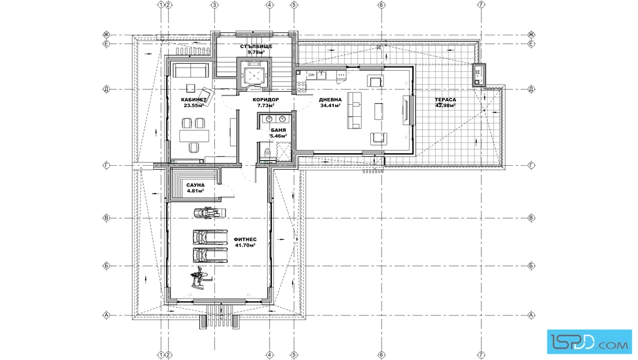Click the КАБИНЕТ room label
(x=194, y=100)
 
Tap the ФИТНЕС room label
(x=245, y=240)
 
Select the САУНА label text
(x=195, y=185)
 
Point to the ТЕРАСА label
(x=445, y=100)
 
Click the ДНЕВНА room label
(x=330, y=100)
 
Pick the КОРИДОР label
(x=265, y=100)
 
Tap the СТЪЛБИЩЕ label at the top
(x=256, y=46)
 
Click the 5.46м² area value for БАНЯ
(x=279, y=136)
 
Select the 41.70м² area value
(x=245, y=246)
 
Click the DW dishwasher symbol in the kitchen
(x=311, y=75)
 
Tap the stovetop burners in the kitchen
(x=301, y=86)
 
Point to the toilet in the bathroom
(x=267, y=152)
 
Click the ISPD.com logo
(x=589, y=342)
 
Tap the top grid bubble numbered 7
(x=481, y=5)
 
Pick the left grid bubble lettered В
(x=107, y=218)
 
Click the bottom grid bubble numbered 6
(x=381, y=355)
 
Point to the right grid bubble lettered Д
(x=531, y=89)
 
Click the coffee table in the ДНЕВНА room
(x=379, y=112)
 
